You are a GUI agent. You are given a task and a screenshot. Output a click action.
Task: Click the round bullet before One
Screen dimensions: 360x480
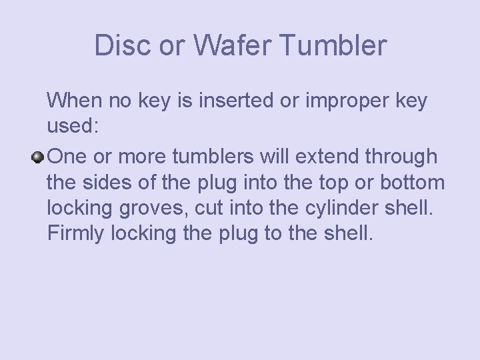(39, 157)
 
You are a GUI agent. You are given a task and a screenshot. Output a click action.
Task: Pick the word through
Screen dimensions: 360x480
(402, 157)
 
